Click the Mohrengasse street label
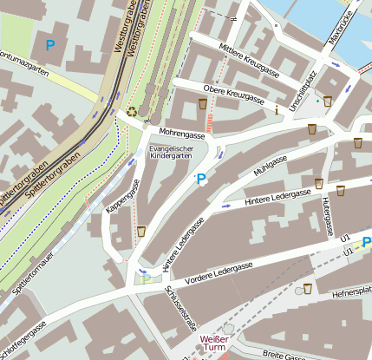181,134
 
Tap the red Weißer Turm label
213,344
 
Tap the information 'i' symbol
276,110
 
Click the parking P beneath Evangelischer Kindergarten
201,179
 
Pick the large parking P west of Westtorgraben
49,44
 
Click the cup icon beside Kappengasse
140,232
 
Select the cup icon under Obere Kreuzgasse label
202,104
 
